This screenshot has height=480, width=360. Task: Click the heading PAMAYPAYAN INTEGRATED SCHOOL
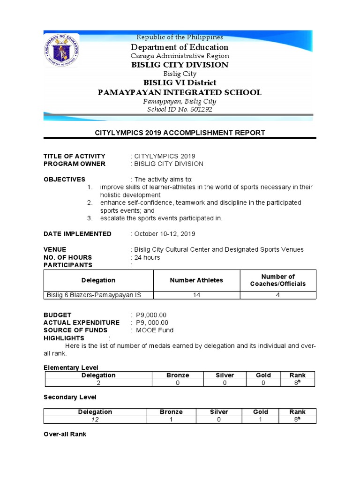click(x=180, y=92)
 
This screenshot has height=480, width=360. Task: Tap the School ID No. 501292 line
click(x=180, y=109)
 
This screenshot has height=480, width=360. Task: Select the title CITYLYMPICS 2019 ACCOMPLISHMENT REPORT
click(x=180, y=133)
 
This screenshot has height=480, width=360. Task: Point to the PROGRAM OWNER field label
click(x=75, y=164)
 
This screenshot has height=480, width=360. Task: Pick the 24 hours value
click(x=147, y=257)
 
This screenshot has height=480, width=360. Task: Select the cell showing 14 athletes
click(x=196, y=295)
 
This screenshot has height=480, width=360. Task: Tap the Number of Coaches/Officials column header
click(x=278, y=280)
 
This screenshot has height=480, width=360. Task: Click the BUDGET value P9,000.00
click(x=151, y=315)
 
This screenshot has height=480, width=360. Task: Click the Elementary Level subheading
click(x=71, y=367)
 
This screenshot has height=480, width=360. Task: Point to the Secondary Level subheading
click(x=70, y=397)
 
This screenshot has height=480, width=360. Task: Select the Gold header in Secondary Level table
click(x=261, y=412)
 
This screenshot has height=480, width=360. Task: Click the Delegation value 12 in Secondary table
click(x=95, y=420)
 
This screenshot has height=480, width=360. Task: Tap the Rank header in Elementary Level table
click(x=298, y=375)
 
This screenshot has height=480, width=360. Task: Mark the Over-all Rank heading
click(x=65, y=435)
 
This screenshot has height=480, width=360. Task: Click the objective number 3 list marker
click(x=90, y=218)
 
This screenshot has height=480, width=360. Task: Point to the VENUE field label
click(x=55, y=249)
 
